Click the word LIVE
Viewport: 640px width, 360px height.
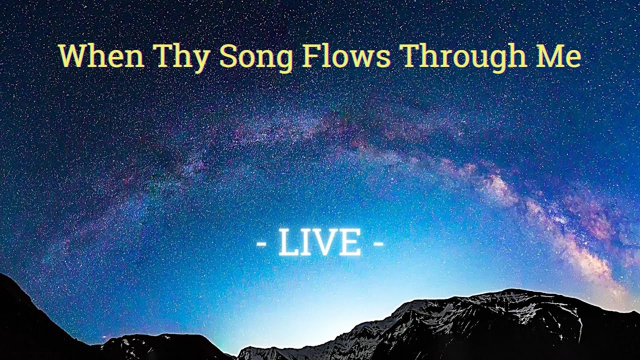[x=320, y=243]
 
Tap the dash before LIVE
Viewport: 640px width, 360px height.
[x=261, y=244]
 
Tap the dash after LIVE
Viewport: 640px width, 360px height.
[x=379, y=244]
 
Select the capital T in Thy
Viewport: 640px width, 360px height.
[x=163, y=56]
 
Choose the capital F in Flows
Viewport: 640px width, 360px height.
[x=310, y=56]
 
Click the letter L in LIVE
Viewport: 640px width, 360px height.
[x=288, y=243]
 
